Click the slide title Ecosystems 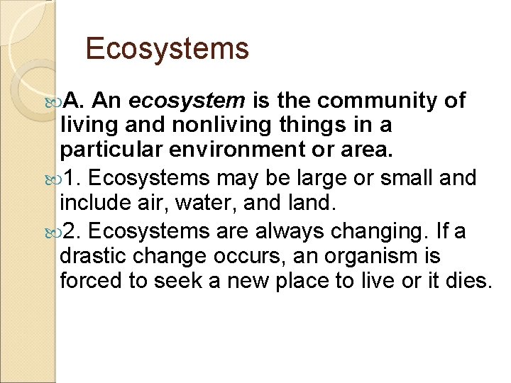tap(167, 49)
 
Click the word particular tap(104, 151)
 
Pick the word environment tap(213, 151)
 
